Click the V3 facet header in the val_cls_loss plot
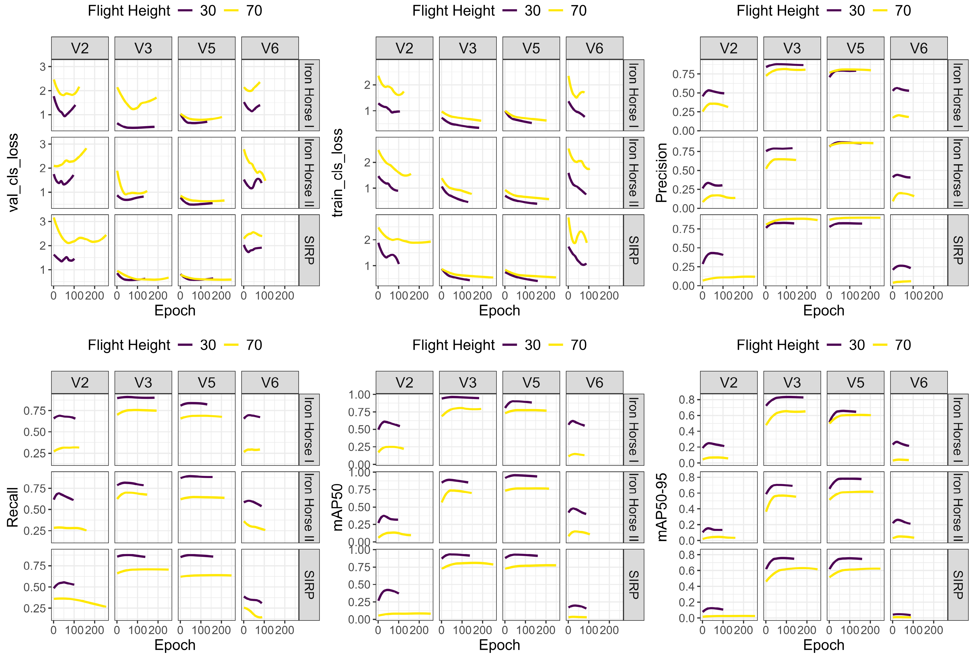[x=143, y=48]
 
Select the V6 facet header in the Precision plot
[x=919, y=48]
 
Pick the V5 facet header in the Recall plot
[x=207, y=383]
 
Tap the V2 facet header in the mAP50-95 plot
[x=729, y=383]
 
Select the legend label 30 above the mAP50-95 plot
[x=857, y=345]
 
